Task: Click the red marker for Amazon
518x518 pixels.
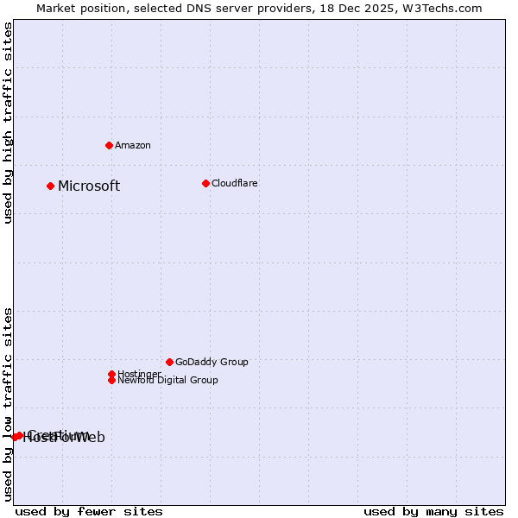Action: coord(109,145)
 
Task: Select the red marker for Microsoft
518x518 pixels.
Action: coord(50,186)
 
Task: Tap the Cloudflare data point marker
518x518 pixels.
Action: coord(205,183)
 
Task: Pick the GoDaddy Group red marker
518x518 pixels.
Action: coord(169,362)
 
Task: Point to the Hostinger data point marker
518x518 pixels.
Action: coord(111,374)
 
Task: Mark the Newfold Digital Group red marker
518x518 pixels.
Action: coord(111,380)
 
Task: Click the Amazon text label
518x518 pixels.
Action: coord(133,145)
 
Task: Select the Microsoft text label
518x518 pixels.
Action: coord(89,186)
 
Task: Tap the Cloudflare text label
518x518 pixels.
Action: coord(235,183)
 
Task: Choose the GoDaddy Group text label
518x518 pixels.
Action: coord(212,363)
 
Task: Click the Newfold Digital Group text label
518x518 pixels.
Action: coord(167,380)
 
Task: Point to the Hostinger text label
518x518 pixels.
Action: coord(139,374)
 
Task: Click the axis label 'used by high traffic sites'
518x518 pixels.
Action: coord(9,123)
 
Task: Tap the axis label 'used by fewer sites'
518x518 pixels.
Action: coord(89,511)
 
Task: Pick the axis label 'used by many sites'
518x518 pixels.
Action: coord(433,511)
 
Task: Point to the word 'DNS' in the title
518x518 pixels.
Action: coord(205,8)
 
